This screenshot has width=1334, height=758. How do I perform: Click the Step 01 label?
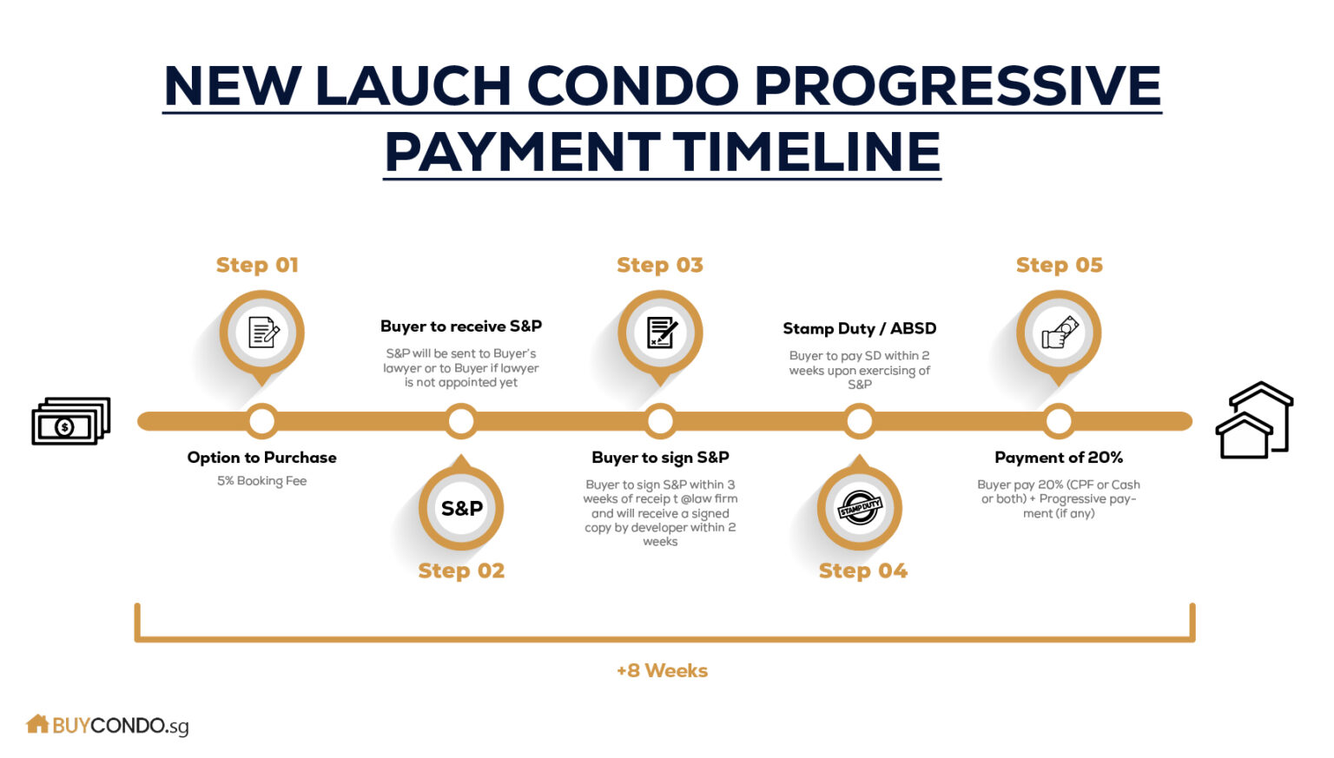click(257, 265)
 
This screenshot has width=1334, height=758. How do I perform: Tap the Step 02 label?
click(461, 570)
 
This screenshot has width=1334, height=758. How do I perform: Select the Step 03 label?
click(660, 265)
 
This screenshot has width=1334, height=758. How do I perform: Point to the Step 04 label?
click(862, 570)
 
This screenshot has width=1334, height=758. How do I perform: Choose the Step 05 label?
click(1059, 265)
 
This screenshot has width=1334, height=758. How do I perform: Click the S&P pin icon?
click(461, 508)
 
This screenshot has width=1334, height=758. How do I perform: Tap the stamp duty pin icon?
click(860, 508)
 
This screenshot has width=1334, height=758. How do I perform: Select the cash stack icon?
click(70, 421)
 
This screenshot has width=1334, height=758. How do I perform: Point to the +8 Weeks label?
click(662, 670)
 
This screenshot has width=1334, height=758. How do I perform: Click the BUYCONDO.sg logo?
click(108, 725)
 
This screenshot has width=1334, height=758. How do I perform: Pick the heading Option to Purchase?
click(261, 458)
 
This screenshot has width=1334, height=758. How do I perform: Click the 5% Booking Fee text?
click(261, 481)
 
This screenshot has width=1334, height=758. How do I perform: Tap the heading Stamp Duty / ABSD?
click(859, 328)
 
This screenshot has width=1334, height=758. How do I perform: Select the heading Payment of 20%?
click(1059, 458)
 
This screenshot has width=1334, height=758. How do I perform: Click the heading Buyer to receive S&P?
click(461, 326)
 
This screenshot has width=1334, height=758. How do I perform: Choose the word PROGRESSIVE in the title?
click(957, 85)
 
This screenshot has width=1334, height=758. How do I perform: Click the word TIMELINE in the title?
click(807, 152)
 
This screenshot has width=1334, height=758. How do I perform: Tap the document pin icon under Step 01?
click(262, 333)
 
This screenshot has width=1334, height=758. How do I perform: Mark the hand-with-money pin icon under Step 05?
click(1059, 333)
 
